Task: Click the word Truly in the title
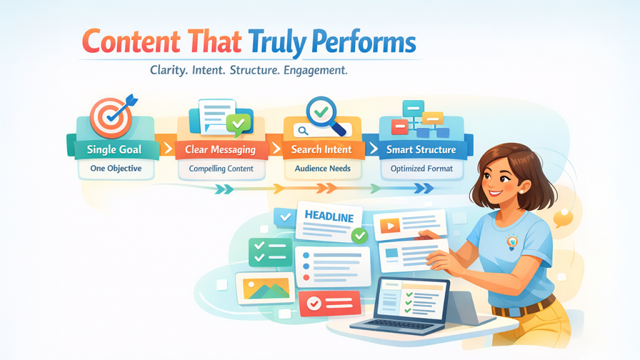(x=277, y=42)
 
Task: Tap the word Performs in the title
(x=364, y=42)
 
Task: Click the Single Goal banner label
(x=114, y=149)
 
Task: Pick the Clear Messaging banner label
(x=221, y=150)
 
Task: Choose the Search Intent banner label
(x=322, y=149)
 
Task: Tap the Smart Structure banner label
(x=421, y=149)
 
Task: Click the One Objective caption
(x=116, y=168)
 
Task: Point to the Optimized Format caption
(x=422, y=169)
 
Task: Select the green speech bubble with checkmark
(x=239, y=124)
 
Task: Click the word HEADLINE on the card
(x=329, y=216)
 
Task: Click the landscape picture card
(x=265, y=288)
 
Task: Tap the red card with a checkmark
(x=330, y=303)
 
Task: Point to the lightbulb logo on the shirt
(x=512, y=242)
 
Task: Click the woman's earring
(x=521, y=191)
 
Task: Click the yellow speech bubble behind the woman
(x=563, y=218)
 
